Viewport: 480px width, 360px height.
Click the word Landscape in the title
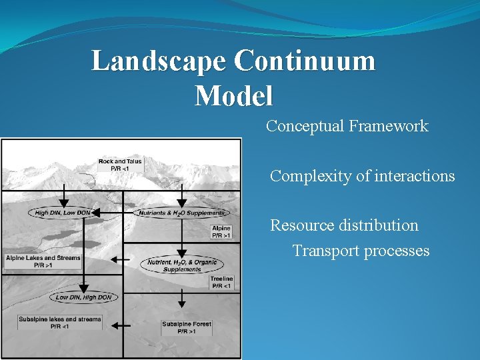point(159,61)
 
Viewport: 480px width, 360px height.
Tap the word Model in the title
point(233,96)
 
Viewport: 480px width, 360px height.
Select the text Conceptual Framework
point(347,126)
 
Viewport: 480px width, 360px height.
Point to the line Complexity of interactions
point(362,177)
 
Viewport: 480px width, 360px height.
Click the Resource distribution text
point(344,225)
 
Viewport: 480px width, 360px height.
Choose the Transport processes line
point(361,251)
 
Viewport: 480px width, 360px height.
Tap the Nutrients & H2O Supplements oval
point(181,213)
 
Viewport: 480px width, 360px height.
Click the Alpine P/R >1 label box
point(221,232)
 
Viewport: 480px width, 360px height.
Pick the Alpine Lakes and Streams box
point(43,261)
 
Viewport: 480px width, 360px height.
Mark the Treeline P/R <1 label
point(221,282)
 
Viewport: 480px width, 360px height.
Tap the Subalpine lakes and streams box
point(60,323)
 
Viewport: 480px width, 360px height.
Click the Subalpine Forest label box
point(187,327)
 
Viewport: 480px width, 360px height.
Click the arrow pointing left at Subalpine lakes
point(121,325)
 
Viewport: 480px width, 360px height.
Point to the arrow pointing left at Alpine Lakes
point(121,259)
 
